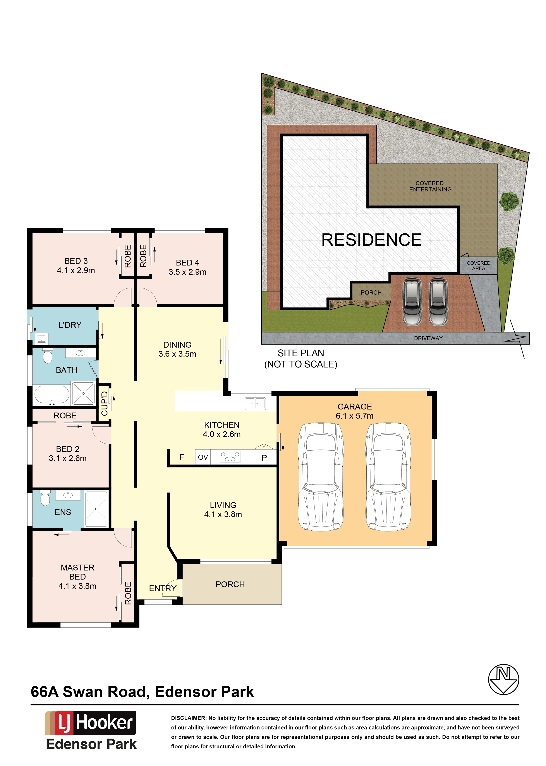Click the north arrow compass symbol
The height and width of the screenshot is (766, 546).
503,679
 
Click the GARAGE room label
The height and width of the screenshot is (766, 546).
354,407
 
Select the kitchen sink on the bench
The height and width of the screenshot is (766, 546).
255,403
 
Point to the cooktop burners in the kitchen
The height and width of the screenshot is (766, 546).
230,457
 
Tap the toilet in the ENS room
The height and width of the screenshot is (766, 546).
45,499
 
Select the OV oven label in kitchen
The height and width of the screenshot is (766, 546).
203,457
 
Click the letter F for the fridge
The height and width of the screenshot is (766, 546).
182,457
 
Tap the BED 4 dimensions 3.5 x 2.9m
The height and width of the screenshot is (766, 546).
187,272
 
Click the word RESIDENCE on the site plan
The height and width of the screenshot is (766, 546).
371,240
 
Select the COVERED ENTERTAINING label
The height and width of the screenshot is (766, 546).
430,186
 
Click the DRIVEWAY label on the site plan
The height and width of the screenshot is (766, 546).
428,338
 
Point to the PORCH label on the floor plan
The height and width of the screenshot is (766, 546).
230,584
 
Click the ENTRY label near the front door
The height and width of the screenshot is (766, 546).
163,588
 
